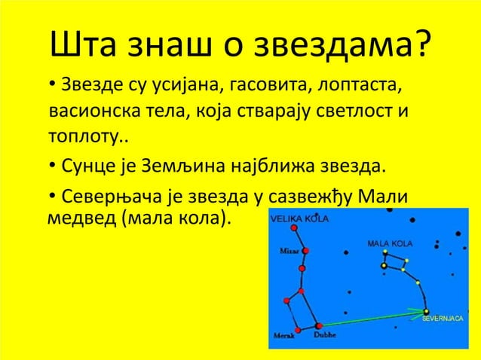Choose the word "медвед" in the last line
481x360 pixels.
76,220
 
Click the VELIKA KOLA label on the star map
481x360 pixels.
299,218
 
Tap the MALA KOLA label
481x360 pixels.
389,244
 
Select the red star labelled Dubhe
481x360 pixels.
319,325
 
